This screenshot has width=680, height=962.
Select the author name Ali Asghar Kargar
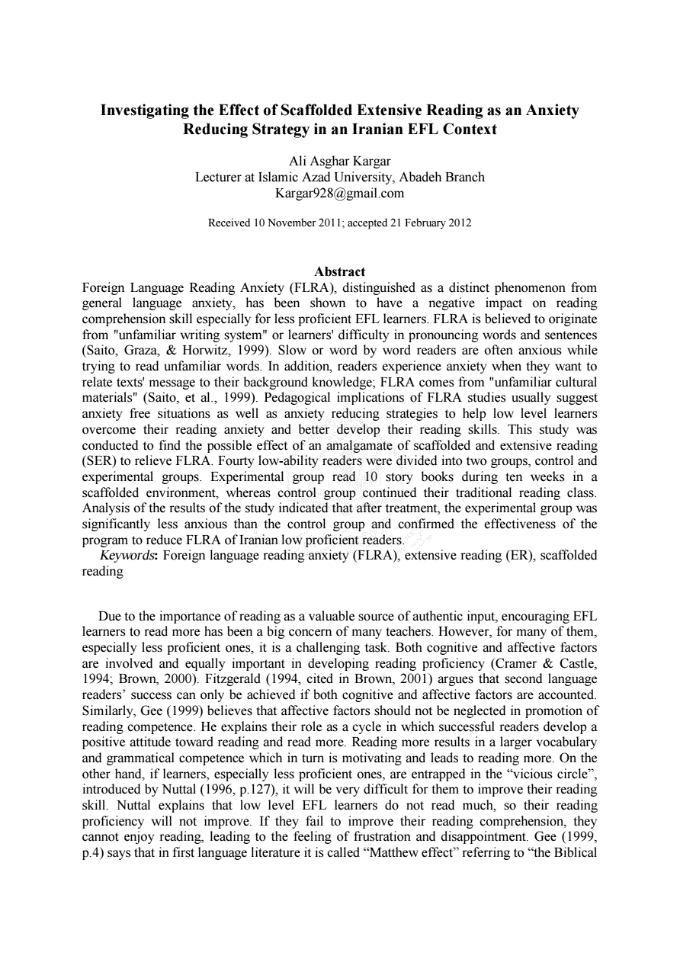tap(339, 161)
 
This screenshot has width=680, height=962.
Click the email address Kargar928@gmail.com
tap(339, 193)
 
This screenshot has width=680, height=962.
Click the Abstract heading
tap(339, 271)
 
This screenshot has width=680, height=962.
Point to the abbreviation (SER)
tap(99, 461)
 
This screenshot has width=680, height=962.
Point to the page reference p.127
tap(258, 790)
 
